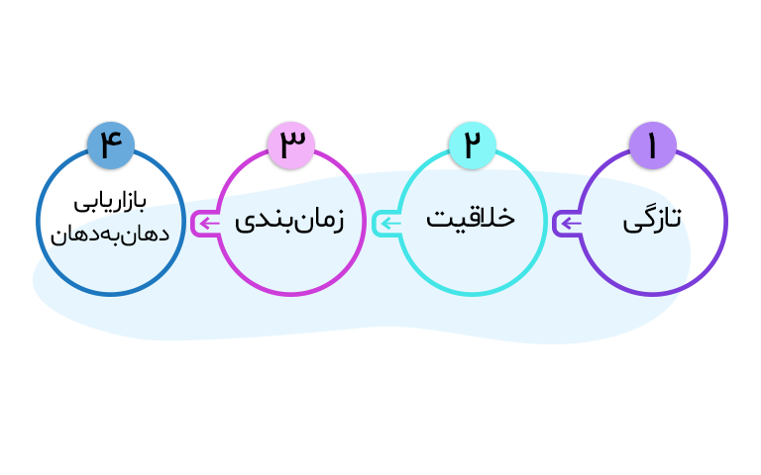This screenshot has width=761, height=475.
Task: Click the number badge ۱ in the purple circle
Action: pyautogui.click(x=652, y=144)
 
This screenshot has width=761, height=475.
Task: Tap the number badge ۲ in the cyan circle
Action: pyautogui.click(x=472, y=144)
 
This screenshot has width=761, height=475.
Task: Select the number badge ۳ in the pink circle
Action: pyautogui.click(x=291, y=144)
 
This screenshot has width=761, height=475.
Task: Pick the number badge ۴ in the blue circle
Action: pyautogui.click(x=111, y=144)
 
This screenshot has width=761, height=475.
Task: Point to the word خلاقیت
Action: pyautogui.click(x=471, y=218)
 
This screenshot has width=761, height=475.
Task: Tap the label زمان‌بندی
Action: pyautogui.click(x=289, y=220)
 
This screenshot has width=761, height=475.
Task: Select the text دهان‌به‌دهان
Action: pyautogui.click(x=109, y=236)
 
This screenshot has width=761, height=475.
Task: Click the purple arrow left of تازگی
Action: pyautogui.click(x=568, y=224)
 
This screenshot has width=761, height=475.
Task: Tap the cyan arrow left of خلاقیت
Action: pyautogui.click(x=387, y=224)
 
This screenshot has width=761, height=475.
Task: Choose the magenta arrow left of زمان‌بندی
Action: pyautogui.click(x=207, y=224)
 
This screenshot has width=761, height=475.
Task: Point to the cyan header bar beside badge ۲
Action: pyautogui.click(x=406, y=155)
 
